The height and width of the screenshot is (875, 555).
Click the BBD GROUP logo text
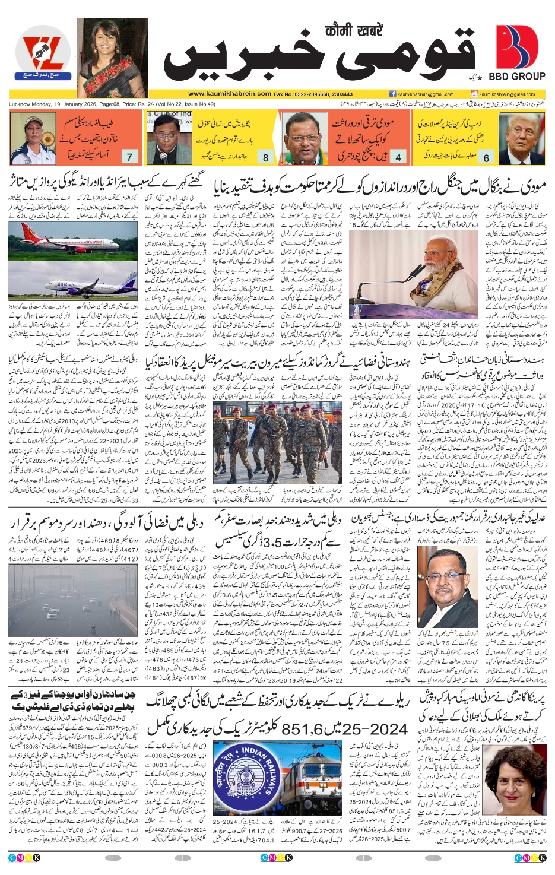[516, 76]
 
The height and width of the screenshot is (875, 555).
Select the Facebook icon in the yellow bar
[392, 94]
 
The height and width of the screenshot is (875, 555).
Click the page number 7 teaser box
[129, 157]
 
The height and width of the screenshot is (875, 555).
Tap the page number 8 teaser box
[265, 157]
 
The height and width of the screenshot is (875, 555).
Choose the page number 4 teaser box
[398, 157]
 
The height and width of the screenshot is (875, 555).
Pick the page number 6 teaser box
[486, 157]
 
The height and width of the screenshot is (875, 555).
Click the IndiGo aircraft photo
[73, 284]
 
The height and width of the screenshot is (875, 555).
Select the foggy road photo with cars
[73, 598]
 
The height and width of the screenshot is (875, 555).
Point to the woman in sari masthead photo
[112, 58]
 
